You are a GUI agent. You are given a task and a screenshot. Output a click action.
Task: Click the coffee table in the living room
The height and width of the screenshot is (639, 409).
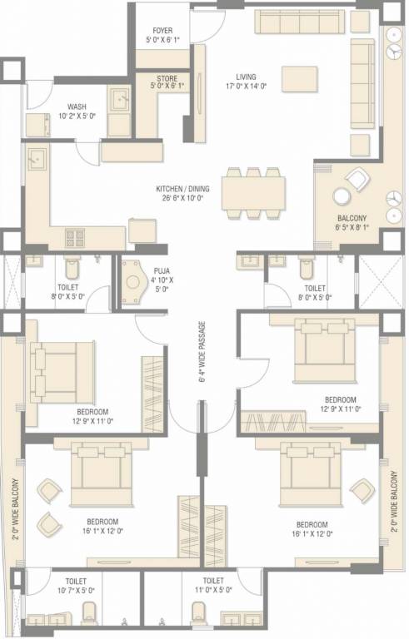pos(300,78)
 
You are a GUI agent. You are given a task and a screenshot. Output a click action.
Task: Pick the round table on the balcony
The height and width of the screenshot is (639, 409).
pos(342,197)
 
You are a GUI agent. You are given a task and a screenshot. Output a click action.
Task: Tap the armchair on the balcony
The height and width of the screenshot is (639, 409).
pos(358,178)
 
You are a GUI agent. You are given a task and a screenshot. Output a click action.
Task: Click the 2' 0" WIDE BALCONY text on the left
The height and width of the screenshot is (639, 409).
pos(15,508)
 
